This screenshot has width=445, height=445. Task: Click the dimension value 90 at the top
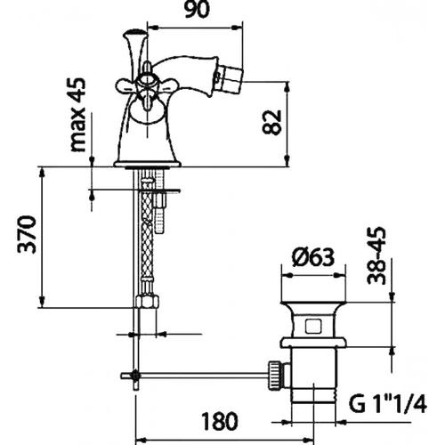(197, 11)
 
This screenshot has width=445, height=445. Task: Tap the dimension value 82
(272, 123)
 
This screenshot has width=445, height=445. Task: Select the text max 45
(78, 115)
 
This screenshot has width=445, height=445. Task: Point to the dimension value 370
(27, 234)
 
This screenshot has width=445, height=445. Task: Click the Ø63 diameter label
(313, 256)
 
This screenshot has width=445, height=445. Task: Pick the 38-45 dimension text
(376, 255)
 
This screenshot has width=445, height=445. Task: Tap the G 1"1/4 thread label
(388, 404)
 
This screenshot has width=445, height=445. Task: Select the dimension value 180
(220, 421)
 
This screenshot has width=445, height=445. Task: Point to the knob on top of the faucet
(135, 33)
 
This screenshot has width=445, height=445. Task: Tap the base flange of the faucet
(148, 164)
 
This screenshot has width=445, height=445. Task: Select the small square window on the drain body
(313, 325)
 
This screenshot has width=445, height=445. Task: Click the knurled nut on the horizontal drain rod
(276, 375)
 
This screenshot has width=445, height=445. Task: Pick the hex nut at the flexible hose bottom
(147, 301)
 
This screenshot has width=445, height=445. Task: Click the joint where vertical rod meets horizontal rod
(135, 376)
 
